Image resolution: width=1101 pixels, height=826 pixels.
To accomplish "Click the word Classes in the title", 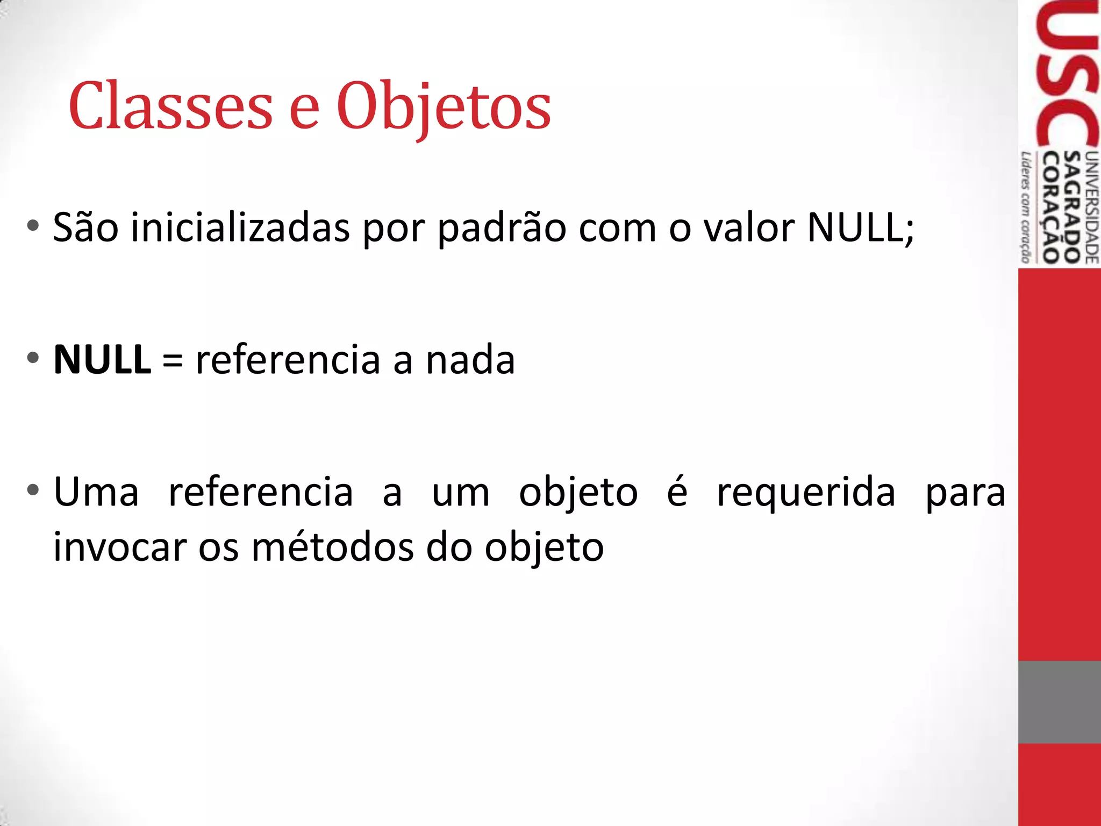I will tap(171, 106).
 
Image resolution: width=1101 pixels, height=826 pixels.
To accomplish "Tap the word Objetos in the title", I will tap(444, 108).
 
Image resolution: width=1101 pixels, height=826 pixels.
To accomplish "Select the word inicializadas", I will tap(240, 228).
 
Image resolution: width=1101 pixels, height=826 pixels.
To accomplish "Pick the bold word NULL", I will tap(102, 359).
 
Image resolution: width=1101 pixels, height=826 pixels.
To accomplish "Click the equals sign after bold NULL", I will tap(173, 360).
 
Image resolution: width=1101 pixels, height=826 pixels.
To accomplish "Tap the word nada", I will tap(470, 360).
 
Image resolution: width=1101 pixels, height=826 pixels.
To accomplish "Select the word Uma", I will tap(96, 492).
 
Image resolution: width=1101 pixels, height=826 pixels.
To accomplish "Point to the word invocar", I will tap(119, 547).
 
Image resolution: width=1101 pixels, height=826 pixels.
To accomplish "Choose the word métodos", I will tap(332, 547).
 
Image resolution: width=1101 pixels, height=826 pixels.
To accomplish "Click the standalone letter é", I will tap(677, 490).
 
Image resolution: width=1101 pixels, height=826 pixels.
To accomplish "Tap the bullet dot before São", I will tap(33, 226).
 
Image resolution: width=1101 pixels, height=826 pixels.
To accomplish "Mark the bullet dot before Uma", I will tap(33, 490).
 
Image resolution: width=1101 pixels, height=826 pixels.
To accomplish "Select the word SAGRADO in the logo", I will tap(1073, 207).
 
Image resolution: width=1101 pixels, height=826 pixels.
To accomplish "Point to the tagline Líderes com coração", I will tap(1026, 207).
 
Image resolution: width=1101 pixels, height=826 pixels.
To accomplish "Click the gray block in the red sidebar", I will tap(1059, 702).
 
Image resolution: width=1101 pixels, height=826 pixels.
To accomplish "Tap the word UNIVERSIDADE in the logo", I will tap(1092, 207).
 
